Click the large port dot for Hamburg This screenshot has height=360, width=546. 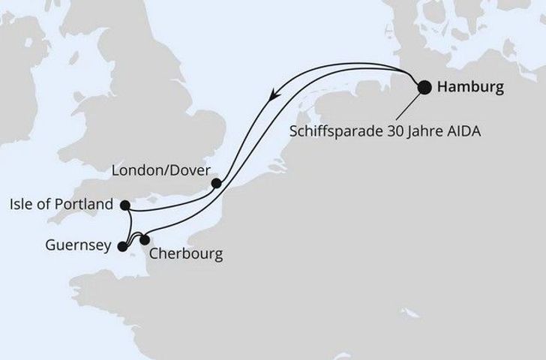click(x=424, y=87)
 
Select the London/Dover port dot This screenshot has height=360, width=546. click(x=216, y=182)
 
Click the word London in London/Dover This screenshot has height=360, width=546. click(x=133, y=169)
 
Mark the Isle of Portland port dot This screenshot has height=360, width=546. click(x=125, y=205)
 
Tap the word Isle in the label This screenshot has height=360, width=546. click(x=25, y=204)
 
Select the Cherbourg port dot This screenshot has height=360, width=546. click(x=145, y=240)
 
